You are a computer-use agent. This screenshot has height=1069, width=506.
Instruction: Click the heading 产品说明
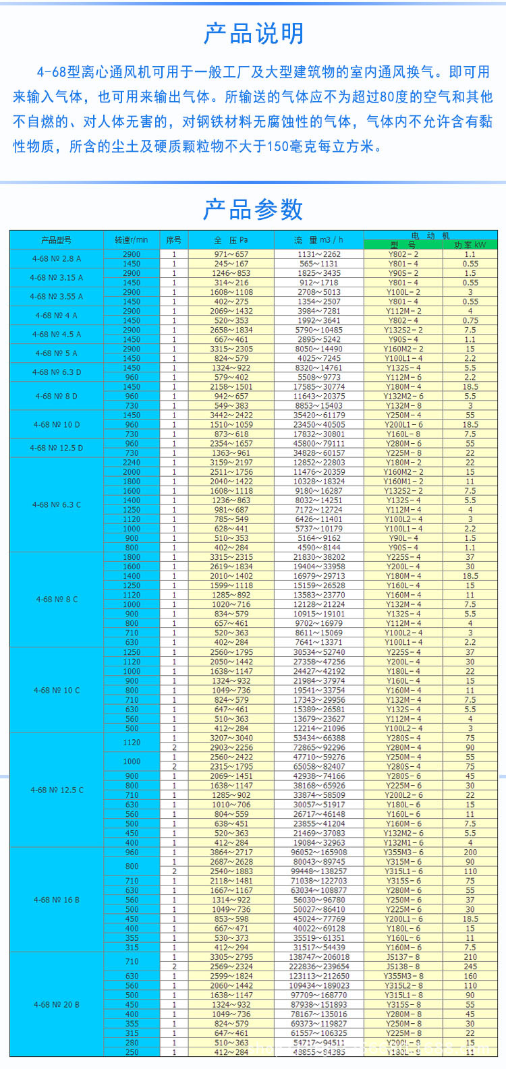coord(254,33)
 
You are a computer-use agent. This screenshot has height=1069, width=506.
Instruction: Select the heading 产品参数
coord(254,210)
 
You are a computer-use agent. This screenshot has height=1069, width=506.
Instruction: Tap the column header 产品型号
coord(56,240)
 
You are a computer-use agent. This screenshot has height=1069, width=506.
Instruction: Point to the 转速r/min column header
coord(131,240)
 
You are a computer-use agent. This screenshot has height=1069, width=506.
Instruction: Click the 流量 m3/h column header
coord(318,240)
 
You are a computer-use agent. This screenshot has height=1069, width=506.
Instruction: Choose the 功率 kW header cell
coord(470,245)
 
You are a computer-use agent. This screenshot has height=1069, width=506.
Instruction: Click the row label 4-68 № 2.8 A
coord(56,259)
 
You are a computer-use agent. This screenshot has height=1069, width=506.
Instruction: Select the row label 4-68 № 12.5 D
coord(56,448)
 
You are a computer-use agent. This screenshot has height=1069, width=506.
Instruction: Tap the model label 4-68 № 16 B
coord(56,900)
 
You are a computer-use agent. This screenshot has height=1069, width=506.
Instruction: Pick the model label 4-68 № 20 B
coord(56,1004)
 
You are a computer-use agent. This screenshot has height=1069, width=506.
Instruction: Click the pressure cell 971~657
coord(231,254)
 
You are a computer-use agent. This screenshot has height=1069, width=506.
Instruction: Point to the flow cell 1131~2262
coord(319,254)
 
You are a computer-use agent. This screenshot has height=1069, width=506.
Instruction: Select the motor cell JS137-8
coord(403,957)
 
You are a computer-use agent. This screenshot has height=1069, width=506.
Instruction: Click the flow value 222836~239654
coord(319,966)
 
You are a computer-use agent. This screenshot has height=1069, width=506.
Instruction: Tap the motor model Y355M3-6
coord(403,853)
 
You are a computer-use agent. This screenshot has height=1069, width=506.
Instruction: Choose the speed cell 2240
coord(132,463)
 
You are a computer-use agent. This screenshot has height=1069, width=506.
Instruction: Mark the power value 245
coord(470,966)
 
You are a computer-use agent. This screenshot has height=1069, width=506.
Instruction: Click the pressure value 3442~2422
coord(231,415)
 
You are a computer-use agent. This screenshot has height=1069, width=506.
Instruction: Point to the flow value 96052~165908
coord(319,853)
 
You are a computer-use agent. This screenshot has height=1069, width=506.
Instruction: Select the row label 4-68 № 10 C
coord(56,690)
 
